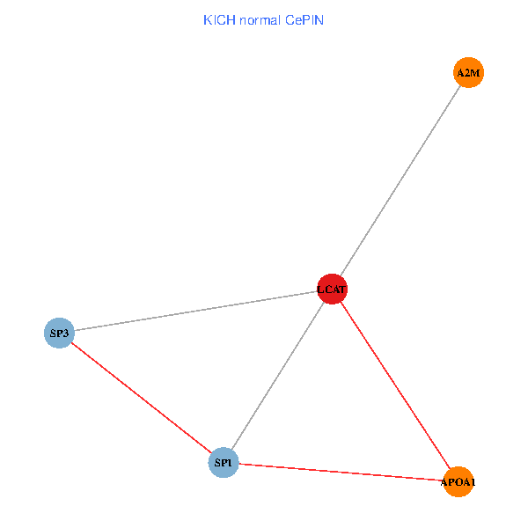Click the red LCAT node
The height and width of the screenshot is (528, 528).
click(x=332, y=289)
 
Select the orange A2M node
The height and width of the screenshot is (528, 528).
click(x=468, y=73)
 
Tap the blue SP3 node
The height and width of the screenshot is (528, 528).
click(x=59, y=333)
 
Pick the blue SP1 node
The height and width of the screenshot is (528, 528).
click(x=224, y=462)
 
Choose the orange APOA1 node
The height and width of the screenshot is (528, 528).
click(x=458, y=481)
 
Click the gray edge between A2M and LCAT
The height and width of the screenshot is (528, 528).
click(x=400, y=180)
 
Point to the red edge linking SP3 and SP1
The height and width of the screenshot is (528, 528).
click(x=141, y=397)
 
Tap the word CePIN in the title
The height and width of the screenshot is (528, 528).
click(x=304, y=19)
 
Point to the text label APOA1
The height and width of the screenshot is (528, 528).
click(x=458, y=482)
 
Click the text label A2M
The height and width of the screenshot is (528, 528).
click(x=468, y=73)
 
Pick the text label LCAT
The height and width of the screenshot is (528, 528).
click(x=332, y=289)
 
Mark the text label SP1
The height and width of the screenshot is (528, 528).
click(x=224, y=462)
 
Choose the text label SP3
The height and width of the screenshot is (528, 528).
click(x=59, y=333)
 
